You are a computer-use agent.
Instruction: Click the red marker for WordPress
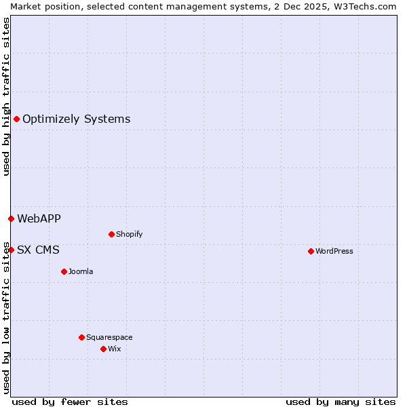[x=311, y=251]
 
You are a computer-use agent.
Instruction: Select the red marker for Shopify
[x=111, y=234]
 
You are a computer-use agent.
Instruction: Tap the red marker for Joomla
[x=64, y=271]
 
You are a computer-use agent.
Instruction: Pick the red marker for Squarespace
[x=81, y=337]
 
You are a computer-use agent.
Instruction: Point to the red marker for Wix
[x=103, y=349]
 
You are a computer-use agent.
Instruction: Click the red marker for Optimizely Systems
[x=16, y=119]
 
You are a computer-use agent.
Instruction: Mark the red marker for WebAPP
[x=11, y=218]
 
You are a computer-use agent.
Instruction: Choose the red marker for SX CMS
[x=11, y=250]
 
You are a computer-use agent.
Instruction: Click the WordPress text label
[x=334, y=251]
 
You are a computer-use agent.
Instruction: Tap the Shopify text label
[x=129, y=234]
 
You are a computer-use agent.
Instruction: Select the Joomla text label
[x=81, y=271]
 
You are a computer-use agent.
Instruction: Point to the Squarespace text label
[x=109, y=337]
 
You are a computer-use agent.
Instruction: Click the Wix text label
[x=114, y=349]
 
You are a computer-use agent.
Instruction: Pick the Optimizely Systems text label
[x=76, y=119]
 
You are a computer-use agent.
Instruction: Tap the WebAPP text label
[x=39, y=218]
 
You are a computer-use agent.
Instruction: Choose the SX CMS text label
[x=38, y=250]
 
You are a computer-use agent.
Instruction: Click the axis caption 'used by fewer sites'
[x=70, y=402]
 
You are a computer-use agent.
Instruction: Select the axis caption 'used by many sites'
[x=341, y=402]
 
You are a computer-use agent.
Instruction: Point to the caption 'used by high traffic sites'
[x=6, y=96]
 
